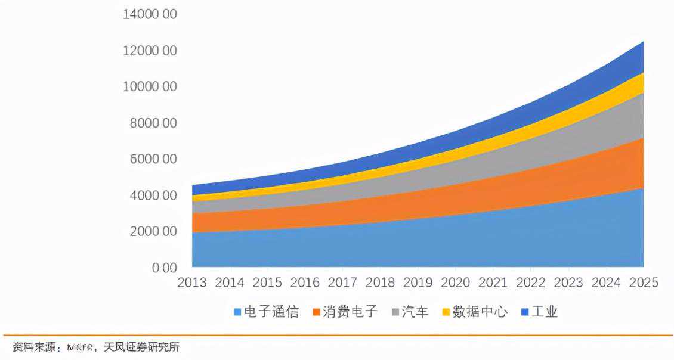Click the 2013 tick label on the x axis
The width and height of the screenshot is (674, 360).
click(192, 283)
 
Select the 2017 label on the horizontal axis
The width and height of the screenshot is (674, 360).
click(342, 283)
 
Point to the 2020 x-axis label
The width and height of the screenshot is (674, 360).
click(455, 283)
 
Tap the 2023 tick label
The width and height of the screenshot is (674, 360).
click(568, 283)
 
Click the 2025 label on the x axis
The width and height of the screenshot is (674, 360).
click(643, 283)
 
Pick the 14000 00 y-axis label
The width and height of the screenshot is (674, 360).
click(150, 14)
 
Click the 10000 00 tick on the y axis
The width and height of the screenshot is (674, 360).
click(150, 87)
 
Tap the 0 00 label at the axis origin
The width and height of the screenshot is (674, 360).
click(164, 268)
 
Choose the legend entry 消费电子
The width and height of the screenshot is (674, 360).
click(350, 312)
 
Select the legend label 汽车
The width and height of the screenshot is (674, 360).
click(415, 312)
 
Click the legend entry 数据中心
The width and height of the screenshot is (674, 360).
click(480, 312)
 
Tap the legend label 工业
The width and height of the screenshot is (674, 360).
click(545, 312)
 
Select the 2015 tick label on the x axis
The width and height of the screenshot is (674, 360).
click(267, 283)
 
